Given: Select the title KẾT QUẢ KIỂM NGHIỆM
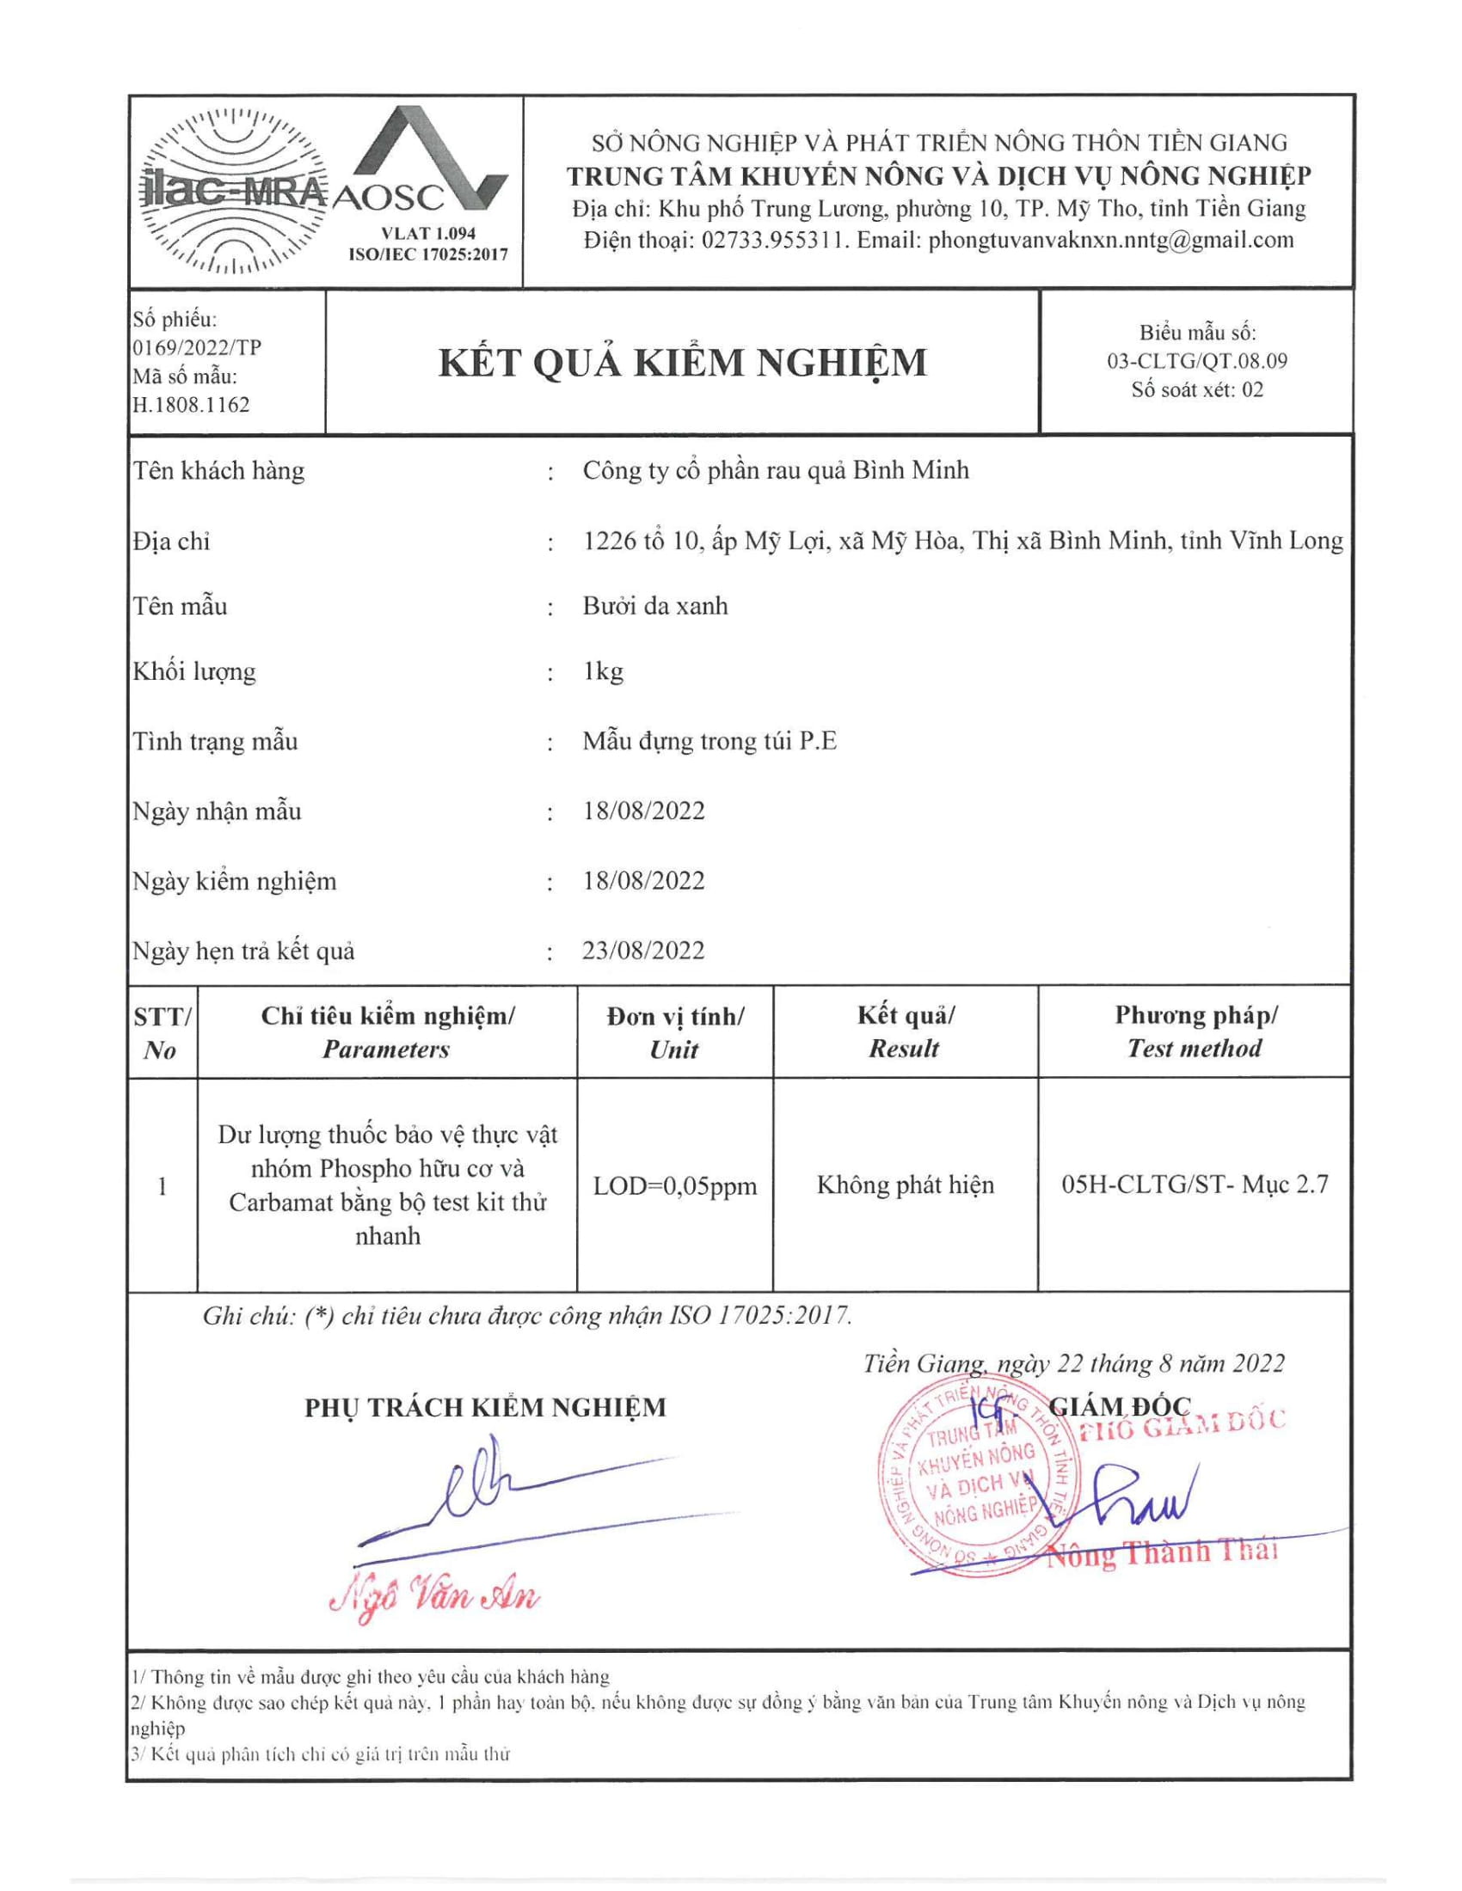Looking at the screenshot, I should (683, 362).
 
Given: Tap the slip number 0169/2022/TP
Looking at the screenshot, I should (197, 348).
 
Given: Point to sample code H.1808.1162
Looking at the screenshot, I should (192, 404).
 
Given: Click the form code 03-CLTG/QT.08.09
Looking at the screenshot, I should (1197, 361).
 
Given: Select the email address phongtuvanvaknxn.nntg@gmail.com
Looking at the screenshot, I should (1111, 240).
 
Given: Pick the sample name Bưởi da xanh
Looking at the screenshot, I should (654, 606).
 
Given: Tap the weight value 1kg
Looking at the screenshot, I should (603, 672).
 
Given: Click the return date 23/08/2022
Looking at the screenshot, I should (643, 951).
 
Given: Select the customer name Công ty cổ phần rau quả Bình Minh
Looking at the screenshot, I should (775, 470).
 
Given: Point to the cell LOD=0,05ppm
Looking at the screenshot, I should (675, 1185).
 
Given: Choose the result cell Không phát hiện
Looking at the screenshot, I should (905, 1184).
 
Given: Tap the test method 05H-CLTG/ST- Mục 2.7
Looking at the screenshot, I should (1195, 1184).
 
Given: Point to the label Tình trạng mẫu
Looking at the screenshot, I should (216, 742).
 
